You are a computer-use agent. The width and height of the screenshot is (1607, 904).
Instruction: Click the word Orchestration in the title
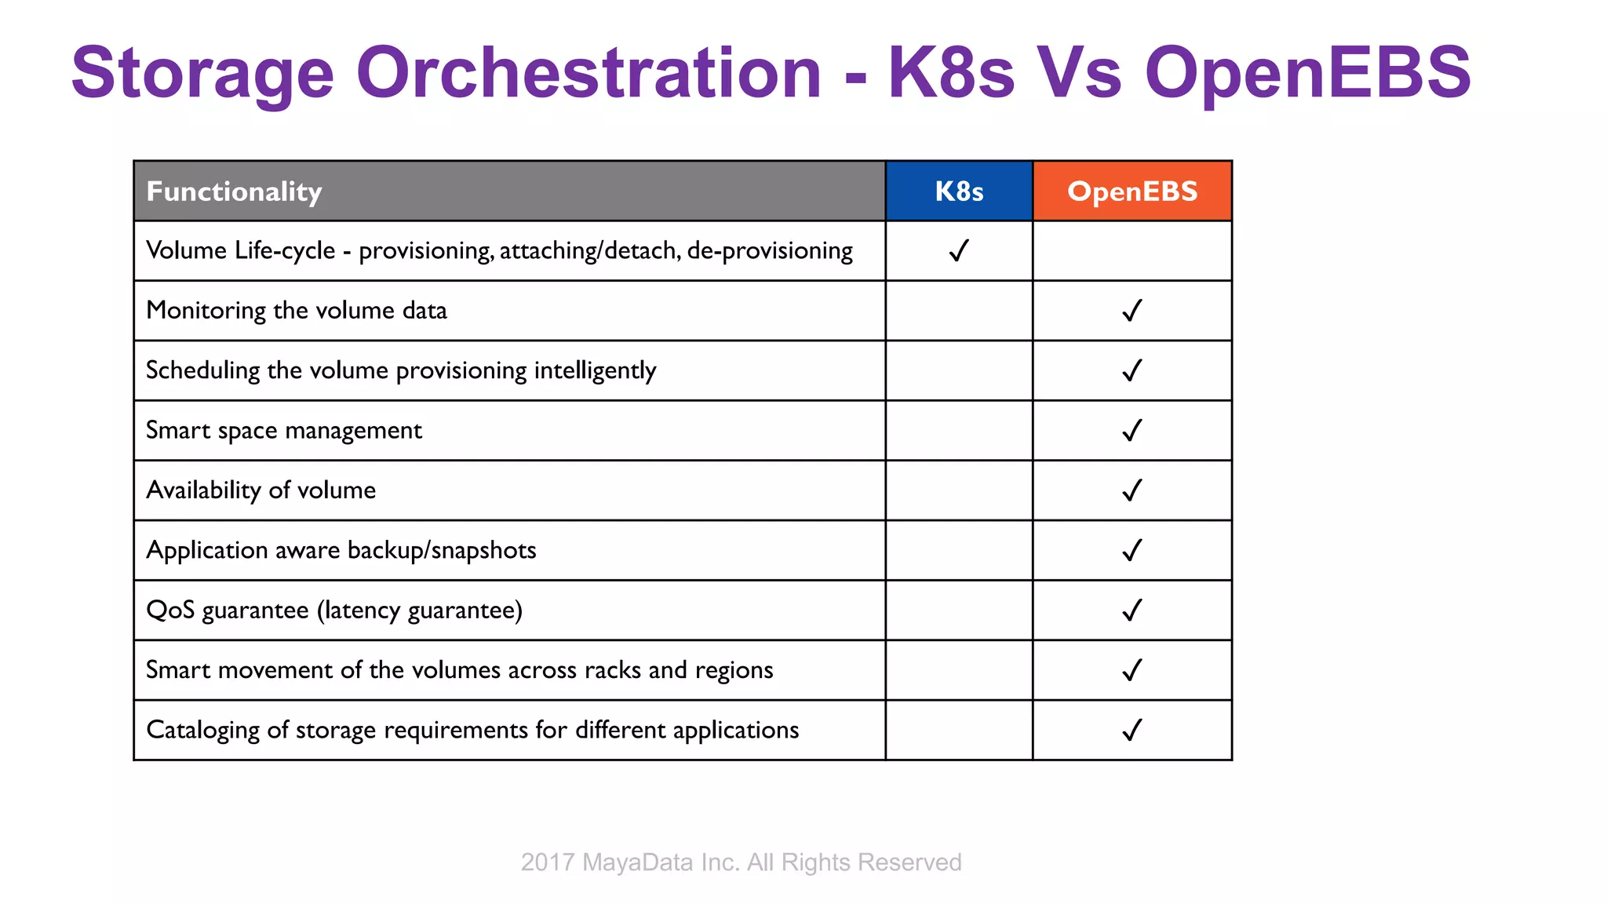589,73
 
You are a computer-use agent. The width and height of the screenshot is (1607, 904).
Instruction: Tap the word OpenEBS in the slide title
1307,73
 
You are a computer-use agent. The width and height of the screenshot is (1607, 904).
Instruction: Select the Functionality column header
234,191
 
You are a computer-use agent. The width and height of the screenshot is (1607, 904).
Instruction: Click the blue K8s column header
959,191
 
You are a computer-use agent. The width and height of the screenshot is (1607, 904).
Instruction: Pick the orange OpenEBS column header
1132,191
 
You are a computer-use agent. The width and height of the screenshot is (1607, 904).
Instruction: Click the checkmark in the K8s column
959,251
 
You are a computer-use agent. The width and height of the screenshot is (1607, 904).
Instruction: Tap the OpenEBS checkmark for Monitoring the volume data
1132,311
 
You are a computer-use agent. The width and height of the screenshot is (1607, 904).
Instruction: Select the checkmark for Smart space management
1132,431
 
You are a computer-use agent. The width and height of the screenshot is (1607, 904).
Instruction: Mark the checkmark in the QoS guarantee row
1132,611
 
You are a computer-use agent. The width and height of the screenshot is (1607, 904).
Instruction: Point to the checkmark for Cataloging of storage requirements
1132,731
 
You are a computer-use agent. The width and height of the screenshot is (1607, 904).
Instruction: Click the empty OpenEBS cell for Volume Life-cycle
1132,251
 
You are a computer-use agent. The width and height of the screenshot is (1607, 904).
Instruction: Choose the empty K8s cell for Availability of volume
959,490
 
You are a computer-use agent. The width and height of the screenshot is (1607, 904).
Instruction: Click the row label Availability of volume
261,490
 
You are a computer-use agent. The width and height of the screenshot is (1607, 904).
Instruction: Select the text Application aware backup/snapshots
341,550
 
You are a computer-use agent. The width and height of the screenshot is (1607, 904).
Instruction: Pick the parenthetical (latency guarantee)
420,611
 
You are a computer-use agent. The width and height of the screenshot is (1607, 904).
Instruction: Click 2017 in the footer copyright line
548,862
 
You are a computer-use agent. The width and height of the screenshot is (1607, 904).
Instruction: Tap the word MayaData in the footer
638,862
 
